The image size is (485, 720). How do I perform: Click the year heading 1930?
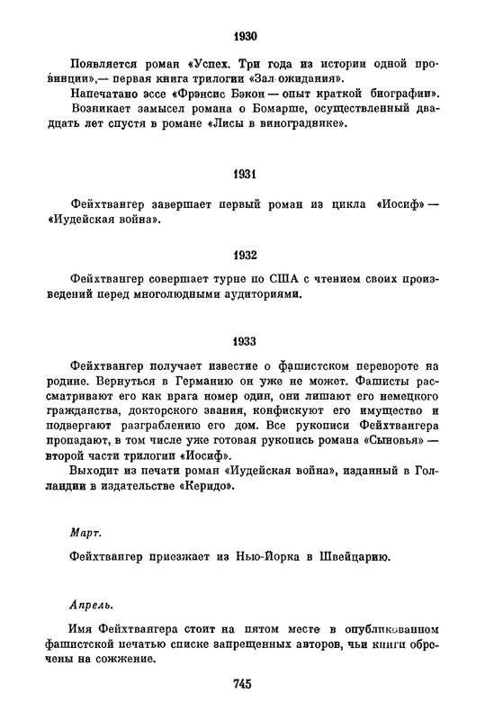coord(243,37)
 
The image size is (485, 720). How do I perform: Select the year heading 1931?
coord(243,172)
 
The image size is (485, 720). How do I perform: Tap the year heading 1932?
coord(243,255)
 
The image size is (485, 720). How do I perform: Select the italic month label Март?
coord(85,533)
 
